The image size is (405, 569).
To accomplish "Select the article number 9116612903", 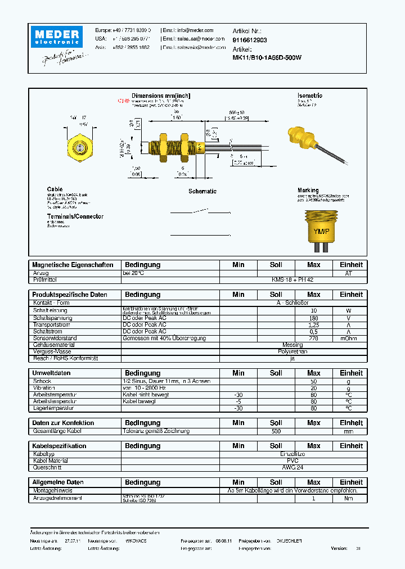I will tap(250, 40).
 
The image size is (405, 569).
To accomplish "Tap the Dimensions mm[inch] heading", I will tap(161, 96).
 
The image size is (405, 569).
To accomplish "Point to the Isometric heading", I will tap(309, 96).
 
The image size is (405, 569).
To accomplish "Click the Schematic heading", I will tap(202, 191).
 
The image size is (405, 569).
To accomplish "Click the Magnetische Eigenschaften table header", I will tap(73, 265).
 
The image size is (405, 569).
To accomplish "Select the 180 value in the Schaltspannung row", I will tap(314, 318).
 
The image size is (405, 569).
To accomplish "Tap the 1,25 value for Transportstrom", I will tap(314, 325).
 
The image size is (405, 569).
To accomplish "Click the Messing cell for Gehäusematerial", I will tap(292, 345).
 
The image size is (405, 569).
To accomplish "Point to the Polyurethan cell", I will tap(292, 351).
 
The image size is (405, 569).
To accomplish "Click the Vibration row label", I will tap(44, 388).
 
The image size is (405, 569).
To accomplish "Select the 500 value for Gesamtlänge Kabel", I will tap(276, 431).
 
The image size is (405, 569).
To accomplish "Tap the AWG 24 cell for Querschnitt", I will tap(292, 467).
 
